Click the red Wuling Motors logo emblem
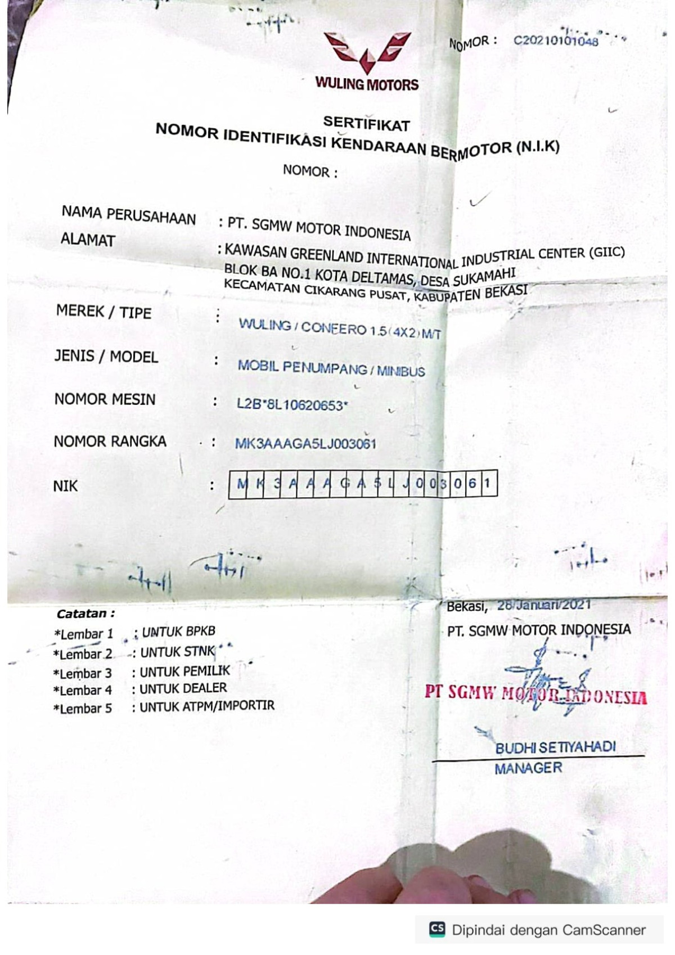[x=367, y=52]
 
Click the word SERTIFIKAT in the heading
[x=366, y=123]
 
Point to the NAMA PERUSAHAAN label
[x=129, y=215]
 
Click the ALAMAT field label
[x=88, y=240]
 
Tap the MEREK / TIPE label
[x=104, y=312]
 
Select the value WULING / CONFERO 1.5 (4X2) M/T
[x=339, y=328]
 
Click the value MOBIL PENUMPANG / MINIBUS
[x=331, y=368]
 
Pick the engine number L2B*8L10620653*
[x=292, y=404]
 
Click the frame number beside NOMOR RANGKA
[x=305, y=444]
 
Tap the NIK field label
[x=65, y=486]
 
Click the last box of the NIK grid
[x=488, y=483]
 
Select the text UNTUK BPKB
[x=178, y=632]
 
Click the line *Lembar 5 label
[x=83, y=709]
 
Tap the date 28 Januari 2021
[x=543, y=605]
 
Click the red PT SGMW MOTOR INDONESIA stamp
[x=535, y=695]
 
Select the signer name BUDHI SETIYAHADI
[x=555, y=748]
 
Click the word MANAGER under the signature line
[x=528, y=768]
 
